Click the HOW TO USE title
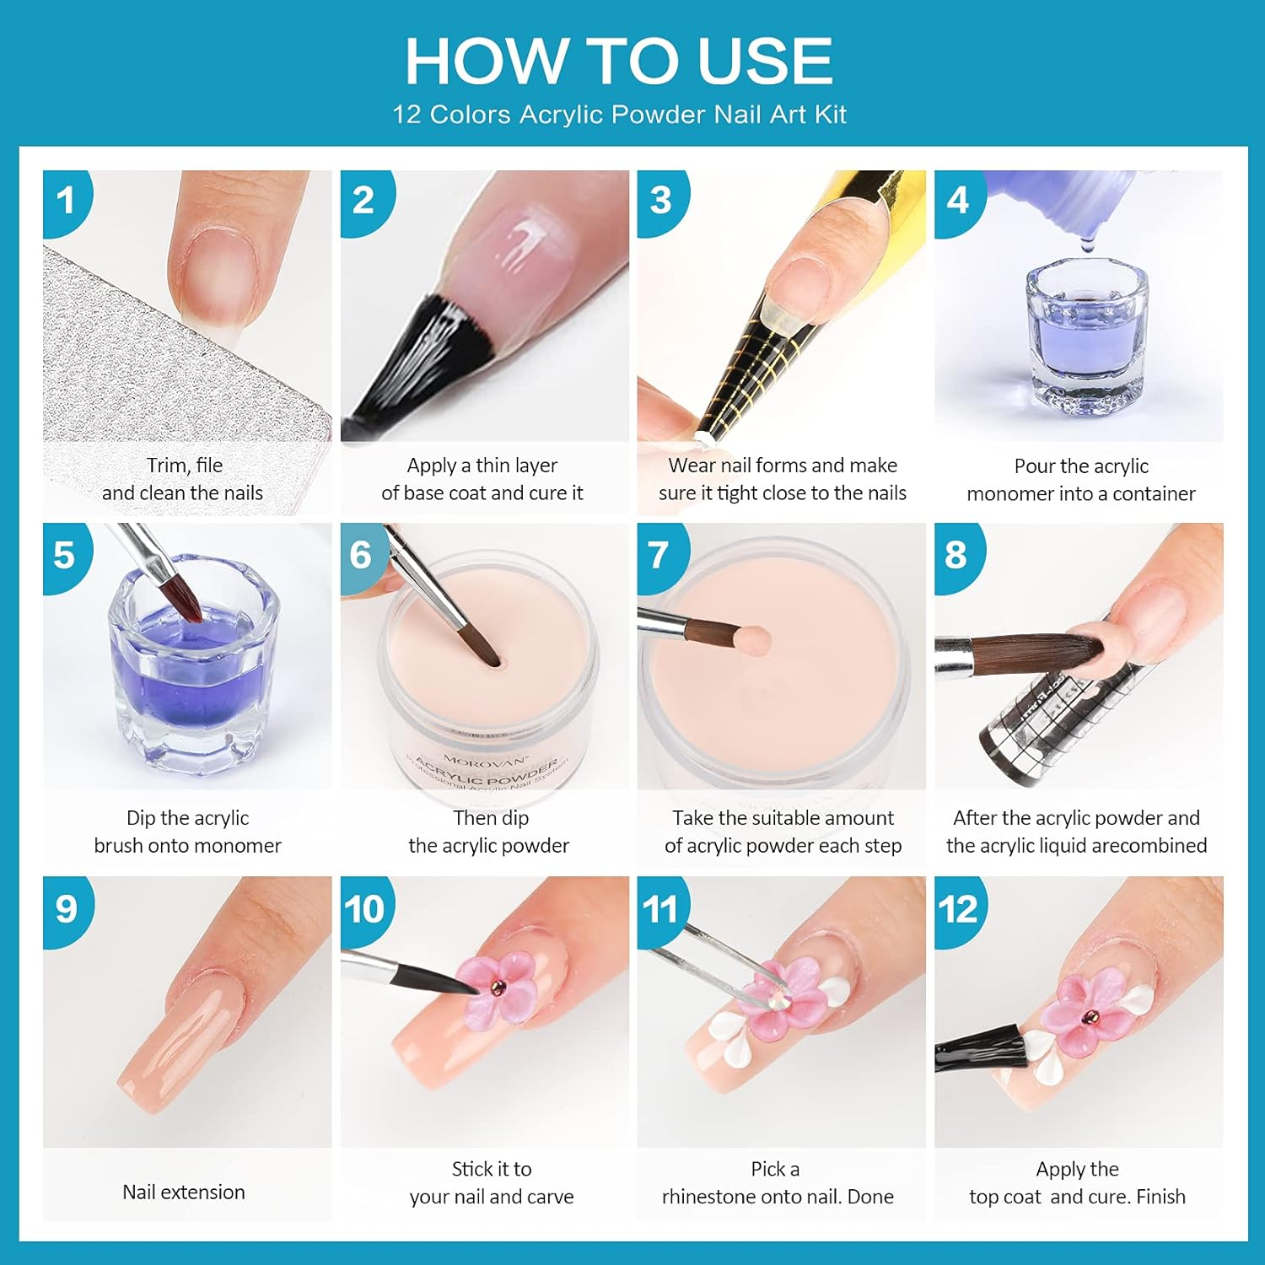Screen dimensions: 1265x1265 click(x=619, y=61)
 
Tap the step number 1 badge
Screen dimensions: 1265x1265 click(x=65, y=201)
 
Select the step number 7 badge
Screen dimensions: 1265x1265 click(x=659, y=555)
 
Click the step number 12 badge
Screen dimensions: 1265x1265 click(x=958, y=909)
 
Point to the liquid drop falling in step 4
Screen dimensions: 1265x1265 click(x=1087, y=245)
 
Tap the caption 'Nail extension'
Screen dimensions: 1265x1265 click(x=184, y=1192)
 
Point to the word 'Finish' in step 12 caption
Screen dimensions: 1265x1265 click(x=1160, y=1197)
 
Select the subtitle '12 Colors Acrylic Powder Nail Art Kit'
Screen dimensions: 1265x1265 click(x=619, y=115)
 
